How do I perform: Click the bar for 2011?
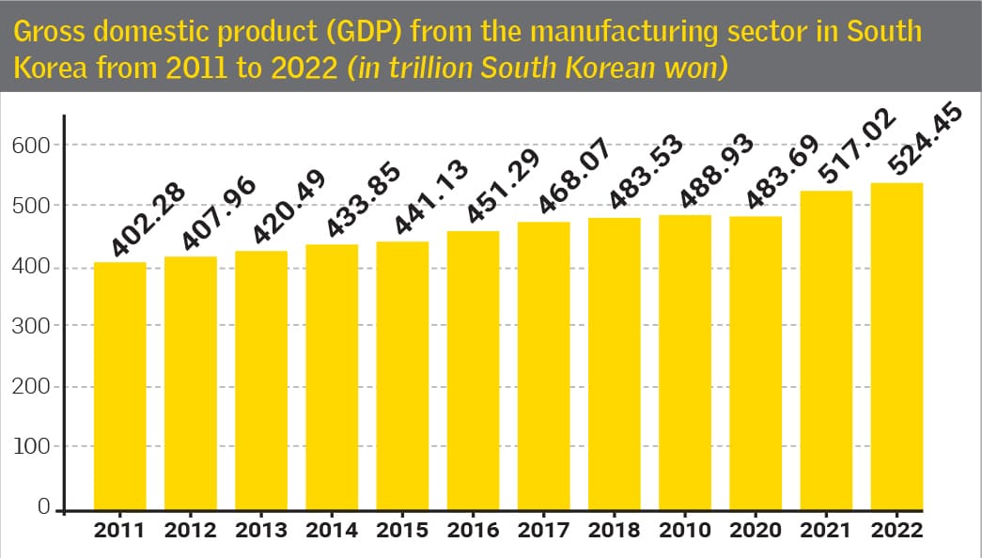point(119,385)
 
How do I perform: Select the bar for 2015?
point(402,376)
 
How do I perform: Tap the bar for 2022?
point(897,347)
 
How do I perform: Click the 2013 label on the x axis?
point(261,531)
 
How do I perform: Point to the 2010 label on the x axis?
point(685,531)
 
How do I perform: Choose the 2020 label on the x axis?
point(756,531)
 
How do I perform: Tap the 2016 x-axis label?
point(474,531)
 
